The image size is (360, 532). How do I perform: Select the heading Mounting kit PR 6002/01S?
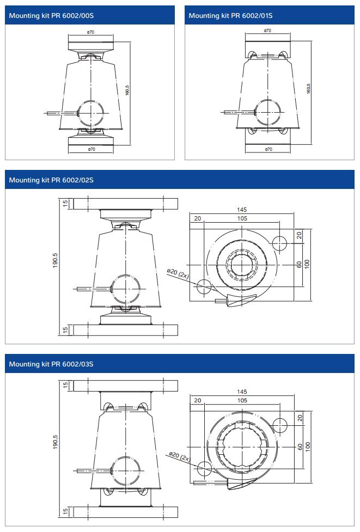tap(230, 16)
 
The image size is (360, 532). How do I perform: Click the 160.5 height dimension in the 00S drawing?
tap(127, 91)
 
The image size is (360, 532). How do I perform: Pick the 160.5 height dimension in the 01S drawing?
tap(308, 89)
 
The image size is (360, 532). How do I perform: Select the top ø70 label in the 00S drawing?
tap(91, 33)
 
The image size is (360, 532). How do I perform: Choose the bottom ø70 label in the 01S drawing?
tap(268, 149)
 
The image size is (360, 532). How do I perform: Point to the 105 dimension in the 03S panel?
tap(242, 400)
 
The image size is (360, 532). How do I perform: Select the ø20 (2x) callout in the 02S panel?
tap(178, 273)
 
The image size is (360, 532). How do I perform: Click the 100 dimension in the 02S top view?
tap(307, 264)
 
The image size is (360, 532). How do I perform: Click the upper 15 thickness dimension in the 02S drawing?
tap(65, 204)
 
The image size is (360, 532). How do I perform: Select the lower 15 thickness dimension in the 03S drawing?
tap(65, 512)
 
